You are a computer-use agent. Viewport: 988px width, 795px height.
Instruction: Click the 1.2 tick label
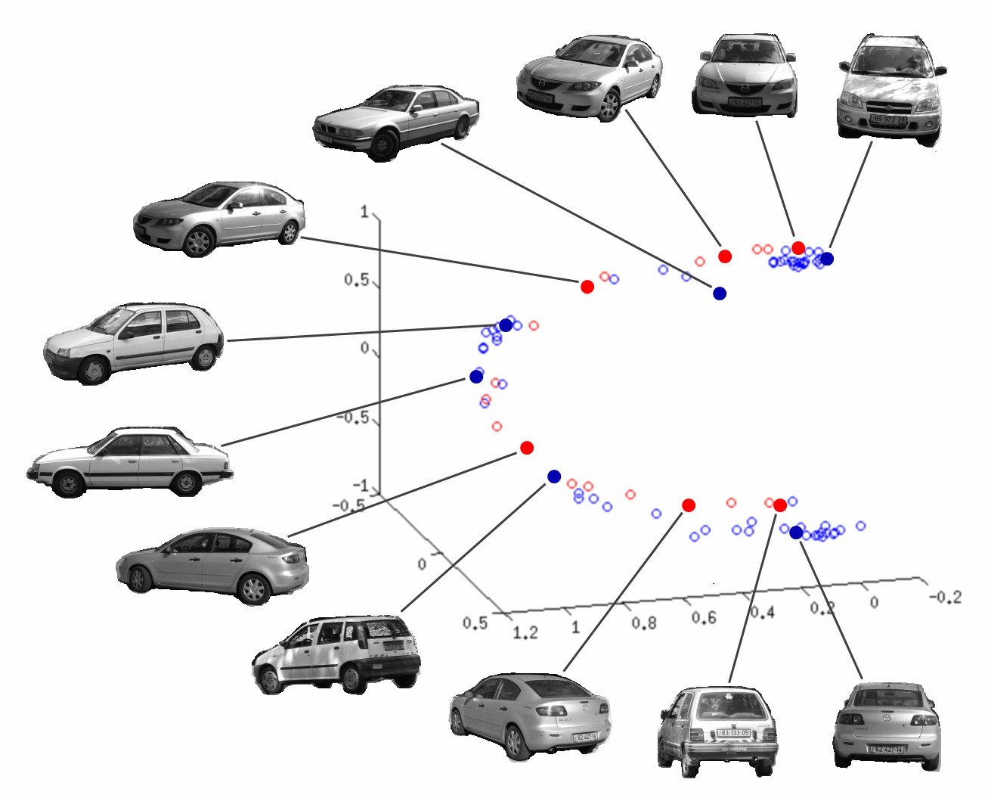(525, 632)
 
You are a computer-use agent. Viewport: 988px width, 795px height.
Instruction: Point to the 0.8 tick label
(644, 623)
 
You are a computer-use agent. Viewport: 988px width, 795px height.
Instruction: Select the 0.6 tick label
(703, 618)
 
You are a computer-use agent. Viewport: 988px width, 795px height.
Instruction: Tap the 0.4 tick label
(762, 612)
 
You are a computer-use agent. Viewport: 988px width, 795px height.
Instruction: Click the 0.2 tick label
(822, 607)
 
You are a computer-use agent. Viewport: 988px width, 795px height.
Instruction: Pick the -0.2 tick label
(945, 598)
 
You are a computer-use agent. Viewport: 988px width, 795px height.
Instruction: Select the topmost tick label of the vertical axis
(364, 212)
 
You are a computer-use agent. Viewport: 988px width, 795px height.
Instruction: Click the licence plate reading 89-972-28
(888, 120)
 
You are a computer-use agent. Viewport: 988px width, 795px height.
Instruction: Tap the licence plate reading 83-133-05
(734, 733)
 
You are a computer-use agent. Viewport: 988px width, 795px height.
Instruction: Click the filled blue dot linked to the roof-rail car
(827, 259)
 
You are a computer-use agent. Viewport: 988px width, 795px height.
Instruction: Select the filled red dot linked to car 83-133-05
(780, 505)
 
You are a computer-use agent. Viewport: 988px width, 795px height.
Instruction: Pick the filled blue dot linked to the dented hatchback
(554, 477)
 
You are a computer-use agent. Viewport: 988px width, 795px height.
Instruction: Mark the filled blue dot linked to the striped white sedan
(476, 377)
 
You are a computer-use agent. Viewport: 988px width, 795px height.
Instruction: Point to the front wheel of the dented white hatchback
(269, 680)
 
